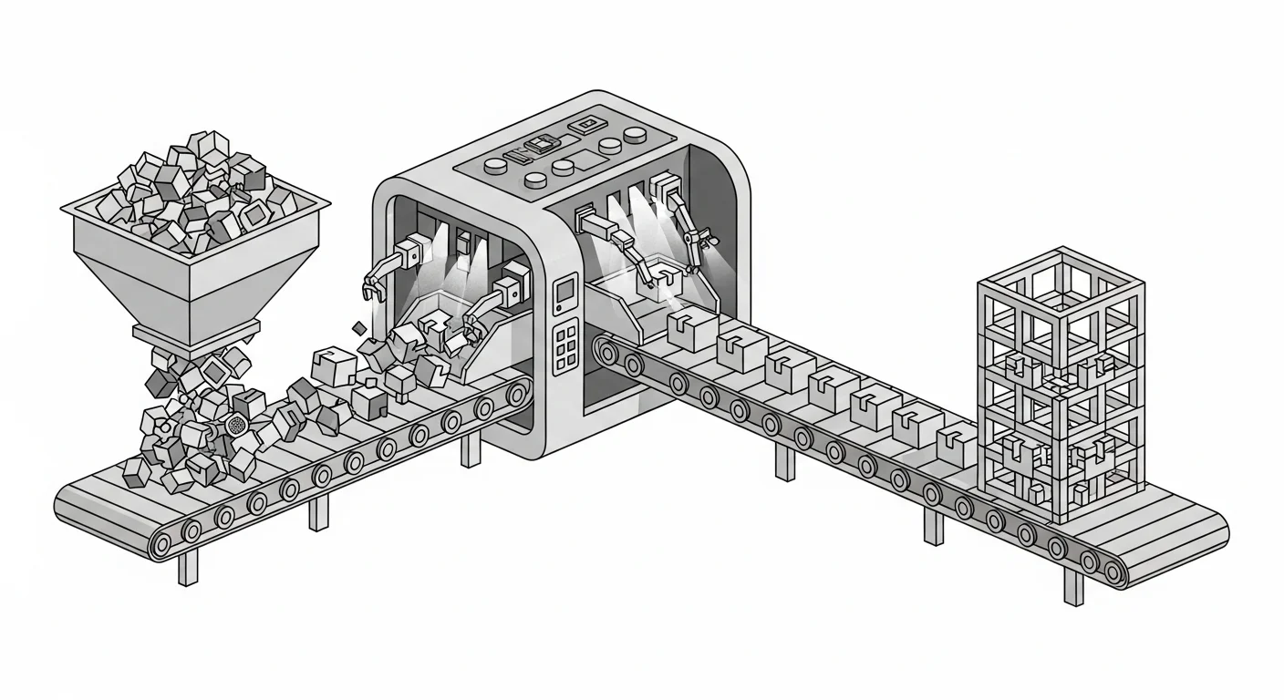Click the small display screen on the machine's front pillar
pos(566,290)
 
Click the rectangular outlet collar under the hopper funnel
pos(196,335)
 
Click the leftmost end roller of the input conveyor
pos(160,546)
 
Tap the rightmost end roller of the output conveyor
pos(1113,571)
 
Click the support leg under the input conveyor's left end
pos(188,567)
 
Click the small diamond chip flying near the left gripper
pos(358,329)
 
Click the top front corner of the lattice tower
pos(1061,304)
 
